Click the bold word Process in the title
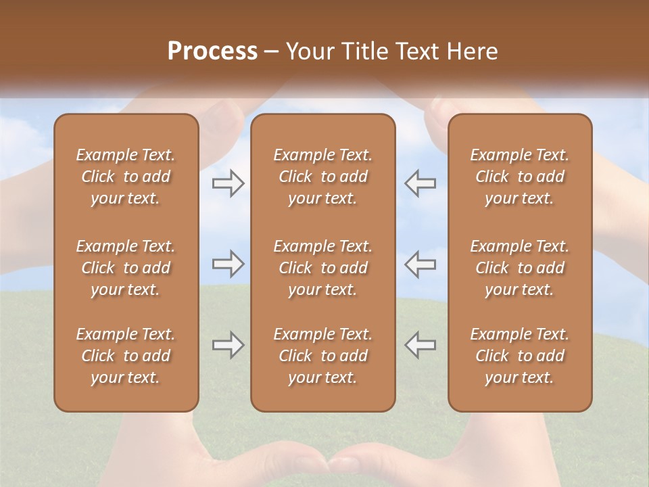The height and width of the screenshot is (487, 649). coord(212,51)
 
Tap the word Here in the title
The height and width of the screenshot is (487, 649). coord(473,51)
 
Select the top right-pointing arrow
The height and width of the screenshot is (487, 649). coord(229,183)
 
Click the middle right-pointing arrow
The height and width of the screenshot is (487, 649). coord(229,264)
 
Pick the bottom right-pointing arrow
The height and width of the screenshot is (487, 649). coord(229,345)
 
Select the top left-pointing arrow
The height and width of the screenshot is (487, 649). coord(420,183)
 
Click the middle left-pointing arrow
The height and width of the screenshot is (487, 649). coord(420,264)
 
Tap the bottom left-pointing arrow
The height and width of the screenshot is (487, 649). coord(420,345)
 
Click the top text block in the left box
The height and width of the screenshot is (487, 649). coord(126,177)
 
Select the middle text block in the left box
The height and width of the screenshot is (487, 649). coord(126,268)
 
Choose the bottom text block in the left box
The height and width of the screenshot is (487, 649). coord(126,356)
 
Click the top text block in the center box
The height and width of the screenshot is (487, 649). coord(322,177)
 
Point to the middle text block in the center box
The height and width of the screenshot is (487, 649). coord(322,268)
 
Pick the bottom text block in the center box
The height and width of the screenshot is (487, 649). coord(322,356)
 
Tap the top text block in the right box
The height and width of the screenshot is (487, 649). coord(519,177)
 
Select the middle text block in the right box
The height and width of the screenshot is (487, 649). coord(519,268)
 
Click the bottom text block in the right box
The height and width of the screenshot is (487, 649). coord(519,356)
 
